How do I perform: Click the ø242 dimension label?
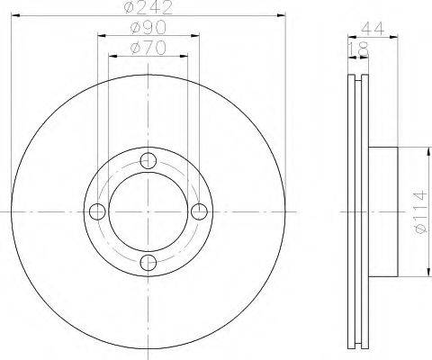pyautogui.click(x=148, y=7)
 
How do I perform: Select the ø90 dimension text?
pyautogui.click(x=148, y=28)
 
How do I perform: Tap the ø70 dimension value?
pyautogui.click(x=148, y=48)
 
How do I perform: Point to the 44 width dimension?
pyautogui.click(x=373, y=29)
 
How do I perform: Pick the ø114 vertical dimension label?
pyautogui.click(x=419, y=212)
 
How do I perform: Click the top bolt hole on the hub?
pyautogui.click(x=148, y=161)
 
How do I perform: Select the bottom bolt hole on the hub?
pyautogui.click(x=148, y=263)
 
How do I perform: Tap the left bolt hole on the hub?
pyautogui.click(x=97, y=211)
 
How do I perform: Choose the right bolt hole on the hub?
pyautogui.click(x=199, y=211)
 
